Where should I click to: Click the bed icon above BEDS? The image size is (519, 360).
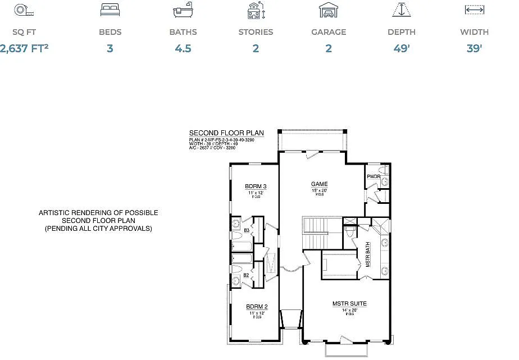tap(110, 10)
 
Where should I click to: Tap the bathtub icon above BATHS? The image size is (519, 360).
tap(183, 11)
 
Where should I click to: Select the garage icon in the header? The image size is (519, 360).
tap(328, 10)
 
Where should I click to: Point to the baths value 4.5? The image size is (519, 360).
tap(183, 48)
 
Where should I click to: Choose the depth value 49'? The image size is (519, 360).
tap(401, 48)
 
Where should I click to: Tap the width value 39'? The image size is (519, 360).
tap(474, 48)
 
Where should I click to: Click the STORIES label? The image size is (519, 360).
tap(256, 32)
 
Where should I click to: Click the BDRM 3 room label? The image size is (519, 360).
tap(256, 186)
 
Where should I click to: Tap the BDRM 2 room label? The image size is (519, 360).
tap(257, 307)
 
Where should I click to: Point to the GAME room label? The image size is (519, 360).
tap(320, 184)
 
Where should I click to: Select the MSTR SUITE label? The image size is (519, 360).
tap(349, 304)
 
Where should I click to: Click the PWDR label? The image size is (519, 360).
tap(374, 177)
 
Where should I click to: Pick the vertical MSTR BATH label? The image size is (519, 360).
tap(368, 255)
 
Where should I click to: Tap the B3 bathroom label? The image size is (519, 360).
tap(246, 230)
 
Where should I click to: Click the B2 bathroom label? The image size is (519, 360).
tap(246, 275)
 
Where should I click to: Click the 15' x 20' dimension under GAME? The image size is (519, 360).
tap(320, 190)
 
